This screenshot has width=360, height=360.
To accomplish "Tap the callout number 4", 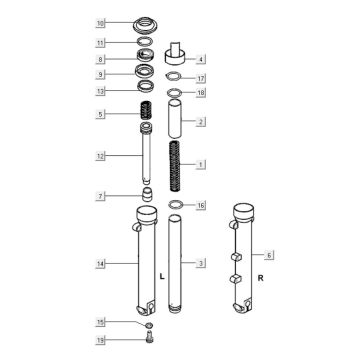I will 201,59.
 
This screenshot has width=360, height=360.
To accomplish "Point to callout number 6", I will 267,254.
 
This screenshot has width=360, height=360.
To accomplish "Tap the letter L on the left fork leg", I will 162,274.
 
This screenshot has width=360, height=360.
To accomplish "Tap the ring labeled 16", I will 174,204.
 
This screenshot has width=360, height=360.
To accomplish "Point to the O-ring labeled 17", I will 175,78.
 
